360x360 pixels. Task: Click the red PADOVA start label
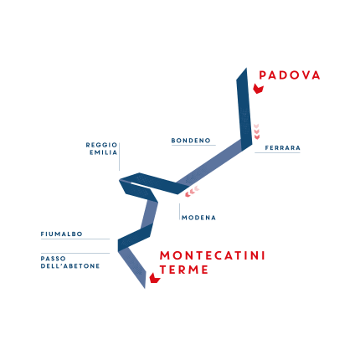290,75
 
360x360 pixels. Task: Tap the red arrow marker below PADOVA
259,89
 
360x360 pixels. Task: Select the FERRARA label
283,148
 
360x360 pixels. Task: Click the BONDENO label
191,141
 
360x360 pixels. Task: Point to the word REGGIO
101,145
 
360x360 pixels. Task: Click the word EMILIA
104,152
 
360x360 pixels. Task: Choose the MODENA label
198,218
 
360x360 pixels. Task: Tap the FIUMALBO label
62,234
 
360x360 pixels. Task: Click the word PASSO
54,259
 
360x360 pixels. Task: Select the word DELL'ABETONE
70,266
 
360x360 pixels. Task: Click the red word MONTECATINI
213,255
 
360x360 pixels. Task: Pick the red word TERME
184,270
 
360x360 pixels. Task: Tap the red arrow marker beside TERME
155,278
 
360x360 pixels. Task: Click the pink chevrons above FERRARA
257,131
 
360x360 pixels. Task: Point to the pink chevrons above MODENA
193,191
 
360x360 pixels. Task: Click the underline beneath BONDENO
193,145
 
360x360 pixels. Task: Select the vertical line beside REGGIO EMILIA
120,157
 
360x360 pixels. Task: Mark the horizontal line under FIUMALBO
75,239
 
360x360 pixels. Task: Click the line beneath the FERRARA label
277,152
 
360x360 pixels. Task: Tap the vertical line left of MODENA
180,212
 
